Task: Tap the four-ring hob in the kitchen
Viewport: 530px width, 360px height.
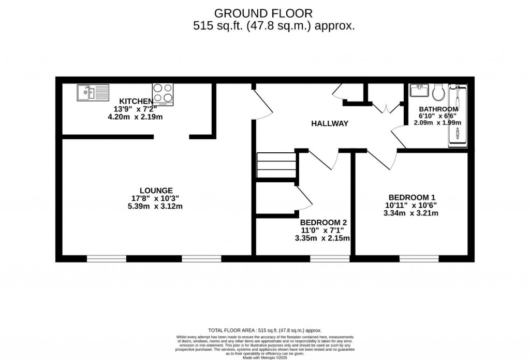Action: click(x=163, y=94)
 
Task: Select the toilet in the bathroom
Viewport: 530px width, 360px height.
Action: click(x=438, y=92)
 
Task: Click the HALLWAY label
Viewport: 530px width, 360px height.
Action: click(x=329, y=124)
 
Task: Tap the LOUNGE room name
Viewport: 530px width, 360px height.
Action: click(x=156, y=190)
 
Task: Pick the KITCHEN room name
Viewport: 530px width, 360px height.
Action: click(x=136, y=101)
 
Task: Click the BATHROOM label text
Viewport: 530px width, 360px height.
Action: click(x=438, y=109)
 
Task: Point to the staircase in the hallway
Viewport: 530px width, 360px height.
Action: click(x=276, y=165)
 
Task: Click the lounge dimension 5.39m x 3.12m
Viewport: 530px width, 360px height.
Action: click(x=156, y=206)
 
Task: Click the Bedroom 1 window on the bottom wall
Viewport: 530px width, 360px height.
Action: click(x=419, y=257)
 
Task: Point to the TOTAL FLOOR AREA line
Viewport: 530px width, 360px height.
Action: click(x=264, y=330)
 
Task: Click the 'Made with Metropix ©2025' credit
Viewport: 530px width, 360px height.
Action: click(x=264, y=357)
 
